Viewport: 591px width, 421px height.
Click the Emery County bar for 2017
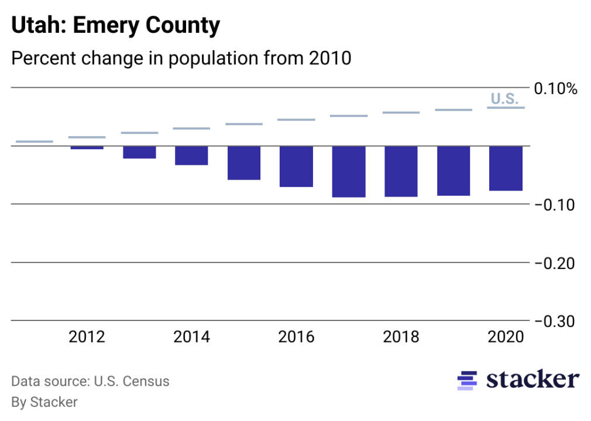coord(349,171)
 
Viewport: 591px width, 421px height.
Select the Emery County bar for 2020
coord(506,168)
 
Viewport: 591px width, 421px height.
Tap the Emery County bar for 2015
coord(244,163)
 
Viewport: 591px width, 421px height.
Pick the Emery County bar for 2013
coord(139,152)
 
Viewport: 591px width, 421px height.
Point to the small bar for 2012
coord(87,147)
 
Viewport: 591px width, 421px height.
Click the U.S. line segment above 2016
coord(296,120)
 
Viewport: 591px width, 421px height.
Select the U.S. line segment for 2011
coord(34,142)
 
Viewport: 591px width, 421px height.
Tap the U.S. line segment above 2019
coord(453,110)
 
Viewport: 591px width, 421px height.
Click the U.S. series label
coord(504,99)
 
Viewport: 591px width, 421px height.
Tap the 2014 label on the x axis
coord(191,337)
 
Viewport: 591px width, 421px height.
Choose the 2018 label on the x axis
coord(401,337)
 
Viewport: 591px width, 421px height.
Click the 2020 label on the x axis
coord(506,337)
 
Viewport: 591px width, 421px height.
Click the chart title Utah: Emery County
coord(116,26)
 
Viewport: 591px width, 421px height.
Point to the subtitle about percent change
coord(181,58)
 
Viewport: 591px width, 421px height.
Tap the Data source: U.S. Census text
coord(90,382)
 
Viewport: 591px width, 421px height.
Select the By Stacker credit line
coord(44,402)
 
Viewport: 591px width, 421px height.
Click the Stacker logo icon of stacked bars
coord(466,380)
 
